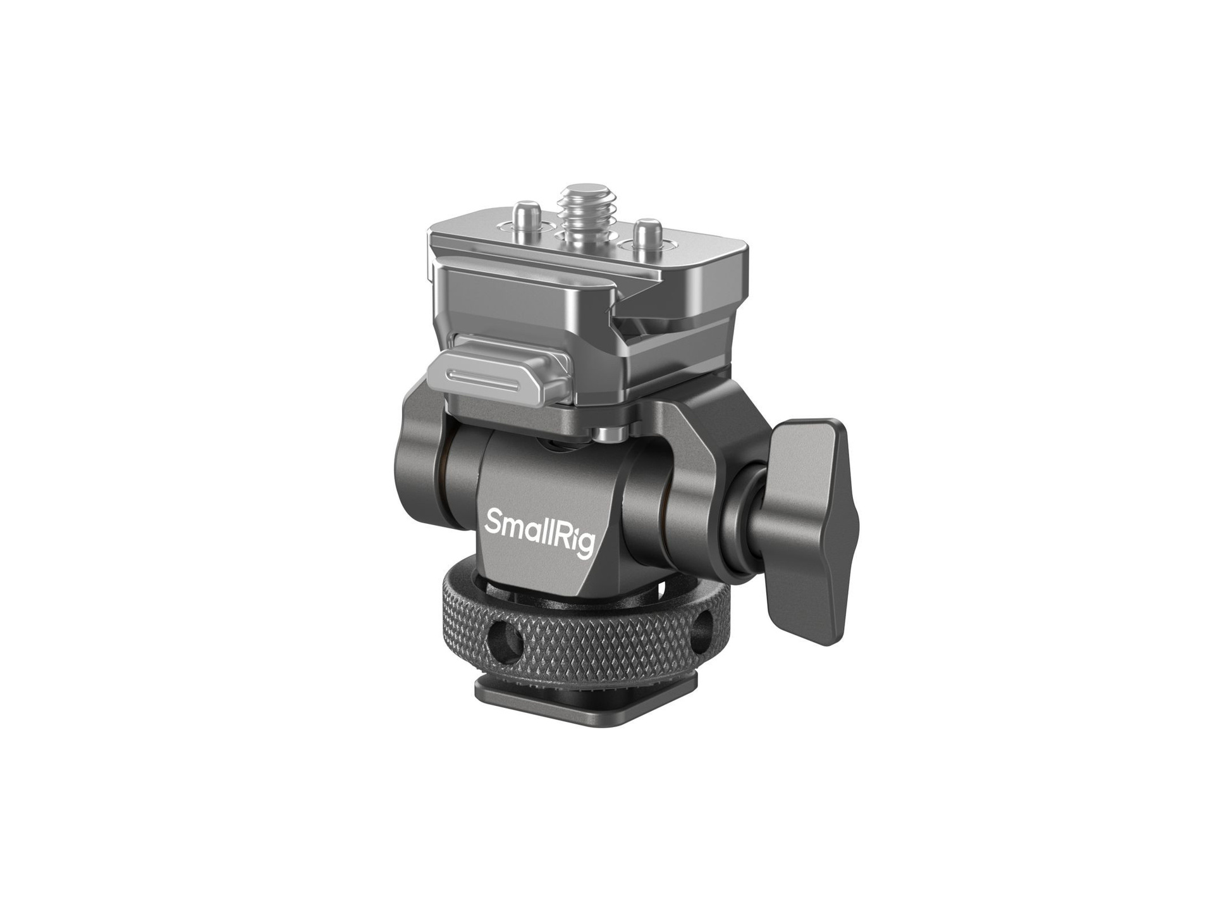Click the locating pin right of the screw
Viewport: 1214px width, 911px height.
pyautogui.click(x=646, y=232)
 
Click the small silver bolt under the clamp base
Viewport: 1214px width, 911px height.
pyautogui.click(x=607, y=434)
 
